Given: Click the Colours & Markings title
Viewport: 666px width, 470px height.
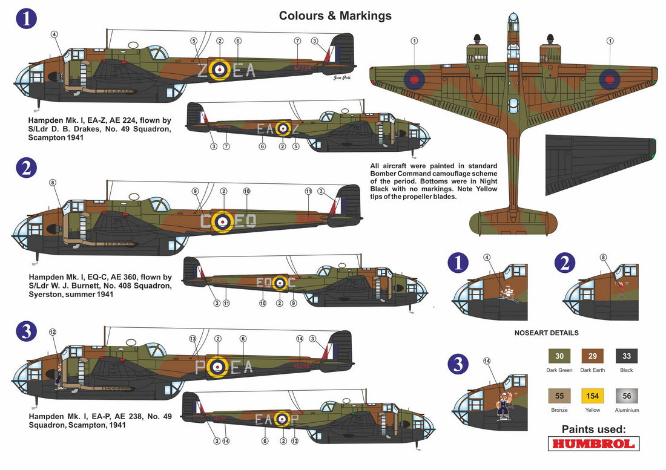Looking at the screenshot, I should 335,16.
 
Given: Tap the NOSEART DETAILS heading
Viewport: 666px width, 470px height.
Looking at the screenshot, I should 546,333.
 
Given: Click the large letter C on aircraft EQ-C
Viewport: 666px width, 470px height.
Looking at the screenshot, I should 206,221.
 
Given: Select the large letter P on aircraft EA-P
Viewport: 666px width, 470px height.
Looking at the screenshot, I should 200,367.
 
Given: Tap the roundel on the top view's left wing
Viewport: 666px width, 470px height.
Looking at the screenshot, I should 414,77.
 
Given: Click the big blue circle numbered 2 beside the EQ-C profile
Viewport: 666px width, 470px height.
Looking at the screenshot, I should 25,168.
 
